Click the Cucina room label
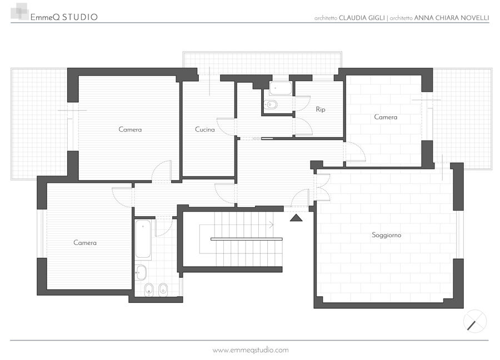[204, 129]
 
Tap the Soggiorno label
[386, 236]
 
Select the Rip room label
[321, 109]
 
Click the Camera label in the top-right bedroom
[386, 117]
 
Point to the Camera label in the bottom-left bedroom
[85, 243]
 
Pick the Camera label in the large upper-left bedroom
[130, 129]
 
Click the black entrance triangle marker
[296, 218]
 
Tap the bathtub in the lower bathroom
[143, 239]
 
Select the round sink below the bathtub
[141, 273]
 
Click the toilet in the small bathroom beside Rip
[271, 104]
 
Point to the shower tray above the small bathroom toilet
[281, 88]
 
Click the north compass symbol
[475, 321]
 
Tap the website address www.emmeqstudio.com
[251, 350]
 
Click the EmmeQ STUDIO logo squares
[20, 12]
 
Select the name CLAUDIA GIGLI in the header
[362, 18]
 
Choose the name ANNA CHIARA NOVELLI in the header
[451, 18]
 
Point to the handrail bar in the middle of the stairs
[246, 239]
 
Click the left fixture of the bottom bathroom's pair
[149, 289]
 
